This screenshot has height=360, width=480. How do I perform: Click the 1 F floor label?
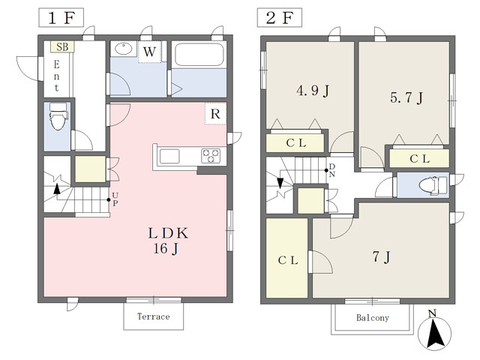click(x=61, y=18)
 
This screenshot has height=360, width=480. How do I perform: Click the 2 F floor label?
click(x=280, y=18)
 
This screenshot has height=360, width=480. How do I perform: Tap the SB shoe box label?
click(x=62, y=46)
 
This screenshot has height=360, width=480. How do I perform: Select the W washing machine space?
click(x=149, y=52)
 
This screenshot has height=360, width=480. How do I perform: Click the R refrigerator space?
click(x=215, y=114)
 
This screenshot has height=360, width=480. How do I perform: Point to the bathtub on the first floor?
click(x=199, y=55)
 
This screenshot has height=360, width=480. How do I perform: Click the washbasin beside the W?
click(x=123, y=48)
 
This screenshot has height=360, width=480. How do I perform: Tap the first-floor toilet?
click(x=58, y=117)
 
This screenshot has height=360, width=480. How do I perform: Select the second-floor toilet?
click(x=433, y=185)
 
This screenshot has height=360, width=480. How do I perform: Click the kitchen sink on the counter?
click(x=169, y=156)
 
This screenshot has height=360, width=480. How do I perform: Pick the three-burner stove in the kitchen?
click(x=211, y=155)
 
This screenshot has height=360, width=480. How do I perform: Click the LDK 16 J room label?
click(x=168, y=241)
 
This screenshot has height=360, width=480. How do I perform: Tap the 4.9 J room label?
click(x=313, y=91)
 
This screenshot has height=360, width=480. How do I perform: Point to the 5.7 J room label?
click(x=406, y=98)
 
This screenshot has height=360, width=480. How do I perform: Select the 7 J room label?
click(x=382, y=257)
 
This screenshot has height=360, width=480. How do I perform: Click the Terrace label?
click(x=153, y=316)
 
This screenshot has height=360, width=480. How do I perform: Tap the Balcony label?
click(x=373, y=318)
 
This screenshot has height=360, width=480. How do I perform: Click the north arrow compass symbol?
click(x=434, y=331)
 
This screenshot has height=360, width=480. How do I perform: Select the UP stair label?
click(x=115, y=199)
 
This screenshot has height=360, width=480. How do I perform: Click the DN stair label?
click(x=331, y=170)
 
